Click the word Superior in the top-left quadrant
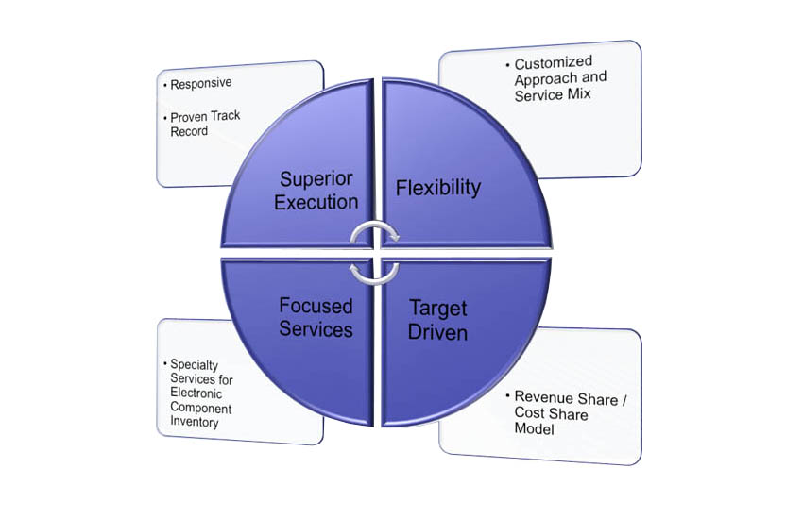coord(316,179)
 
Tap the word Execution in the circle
coord(316,202)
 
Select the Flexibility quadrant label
coord(438,188)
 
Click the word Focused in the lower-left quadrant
coord(316,306)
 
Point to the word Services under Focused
coord(316,328)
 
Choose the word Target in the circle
coord(437,309)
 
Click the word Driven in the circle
coord(437,332)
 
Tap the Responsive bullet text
coord(200,83)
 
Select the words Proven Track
coord(205,117)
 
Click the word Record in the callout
coord(189,131)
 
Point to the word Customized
coord(553,63)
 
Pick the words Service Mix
coord(553,95)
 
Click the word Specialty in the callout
coord(194,364)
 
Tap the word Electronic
coord(196,393)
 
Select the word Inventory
coord(195,422)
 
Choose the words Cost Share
coord(551,413)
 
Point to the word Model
coord(534,428)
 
